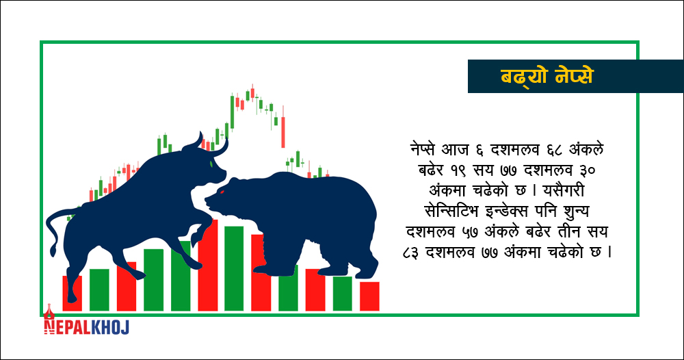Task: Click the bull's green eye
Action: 211,164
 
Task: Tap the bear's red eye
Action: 222,192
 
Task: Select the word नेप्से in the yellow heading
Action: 575,77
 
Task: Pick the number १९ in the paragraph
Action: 459,170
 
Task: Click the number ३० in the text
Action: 584,170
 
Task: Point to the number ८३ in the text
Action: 412,253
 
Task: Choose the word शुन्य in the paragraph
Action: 573,212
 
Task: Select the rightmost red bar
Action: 369,296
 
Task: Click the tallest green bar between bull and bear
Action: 234,268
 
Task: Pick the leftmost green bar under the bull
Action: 99,290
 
